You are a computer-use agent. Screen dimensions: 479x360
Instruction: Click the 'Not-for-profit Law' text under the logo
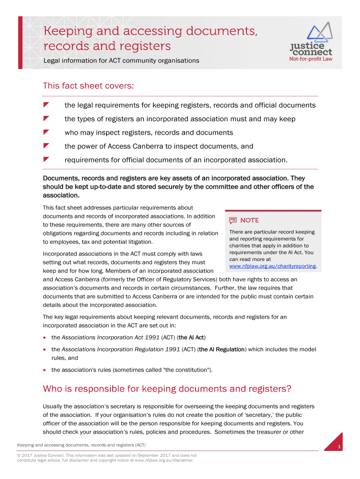311,59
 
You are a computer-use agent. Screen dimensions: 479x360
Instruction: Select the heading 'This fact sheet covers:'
88,86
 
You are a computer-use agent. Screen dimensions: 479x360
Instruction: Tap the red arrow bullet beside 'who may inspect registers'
46,132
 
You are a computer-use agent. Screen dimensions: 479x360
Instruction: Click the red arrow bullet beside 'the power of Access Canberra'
46,146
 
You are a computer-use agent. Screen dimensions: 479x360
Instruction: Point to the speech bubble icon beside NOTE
233,220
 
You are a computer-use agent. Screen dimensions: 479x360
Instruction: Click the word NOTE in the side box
249,220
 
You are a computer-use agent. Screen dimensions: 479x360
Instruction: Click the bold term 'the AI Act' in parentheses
192,337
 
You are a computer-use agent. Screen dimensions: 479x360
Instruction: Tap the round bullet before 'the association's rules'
45,370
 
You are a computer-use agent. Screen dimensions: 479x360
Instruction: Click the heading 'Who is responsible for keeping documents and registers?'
167,389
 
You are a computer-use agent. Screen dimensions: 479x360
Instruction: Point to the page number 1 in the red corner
339,448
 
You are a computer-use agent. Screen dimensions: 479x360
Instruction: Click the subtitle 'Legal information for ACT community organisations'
121,61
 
